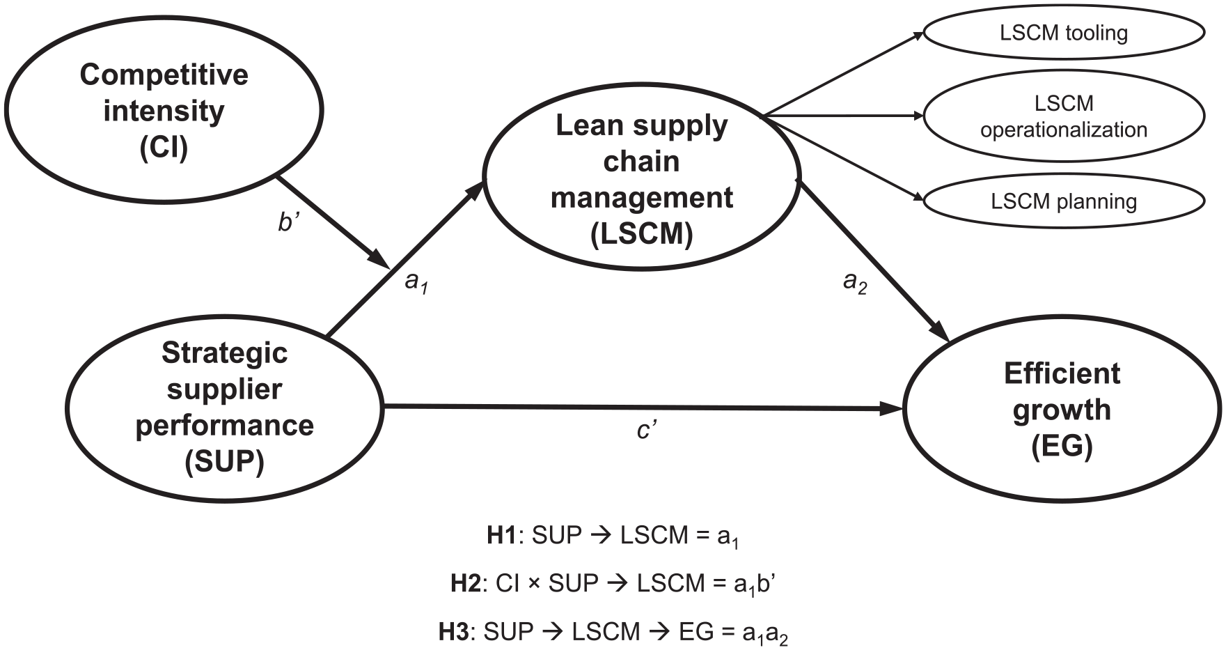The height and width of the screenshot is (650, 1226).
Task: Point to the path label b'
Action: click(288, 222)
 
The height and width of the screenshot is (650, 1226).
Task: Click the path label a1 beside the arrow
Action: click(416, 282)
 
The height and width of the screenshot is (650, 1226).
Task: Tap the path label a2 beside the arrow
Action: click(855, 282)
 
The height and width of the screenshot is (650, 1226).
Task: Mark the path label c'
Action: click(647, 431)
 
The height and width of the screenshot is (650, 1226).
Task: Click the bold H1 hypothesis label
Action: click(500, 535)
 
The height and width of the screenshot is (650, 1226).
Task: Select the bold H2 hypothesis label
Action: click(465, 583)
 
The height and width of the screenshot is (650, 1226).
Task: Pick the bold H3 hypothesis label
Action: click(453, 632)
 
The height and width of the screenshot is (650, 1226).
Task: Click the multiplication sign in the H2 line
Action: click(533, 584)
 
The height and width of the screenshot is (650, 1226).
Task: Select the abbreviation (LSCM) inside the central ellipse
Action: click(642, 233)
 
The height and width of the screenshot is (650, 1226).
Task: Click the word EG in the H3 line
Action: click(696, 632)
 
